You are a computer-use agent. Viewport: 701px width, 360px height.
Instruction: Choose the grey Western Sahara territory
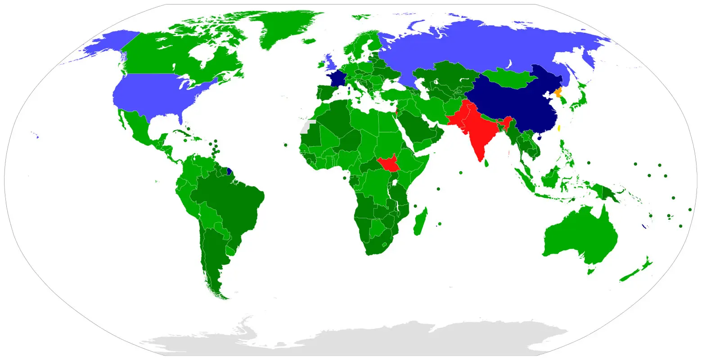306,127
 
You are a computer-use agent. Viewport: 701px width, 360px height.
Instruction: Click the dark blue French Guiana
229,171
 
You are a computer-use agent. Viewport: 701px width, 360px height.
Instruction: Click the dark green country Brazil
229,202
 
